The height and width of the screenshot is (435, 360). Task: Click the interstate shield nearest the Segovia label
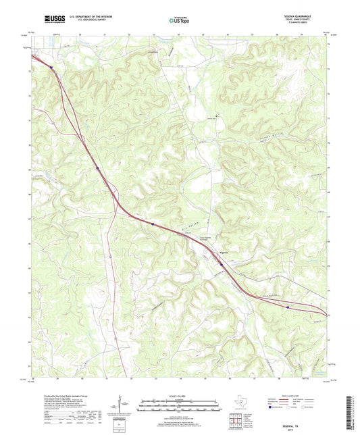[x=222, y=265]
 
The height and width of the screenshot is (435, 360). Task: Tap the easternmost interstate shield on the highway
[x=289, y=307]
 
